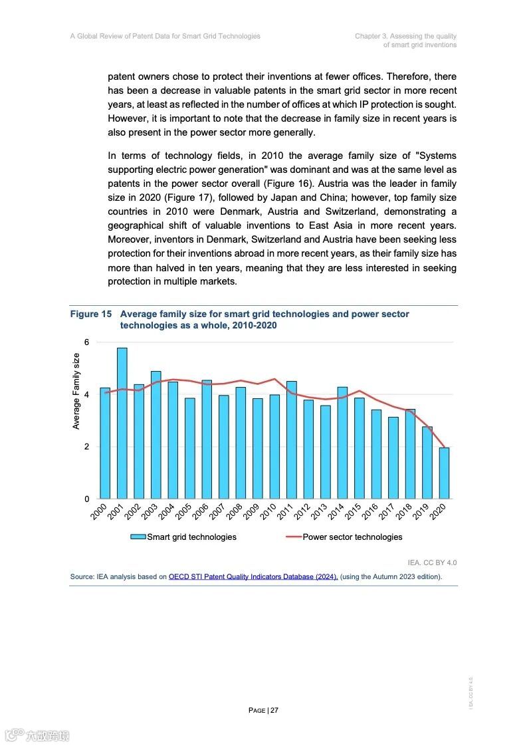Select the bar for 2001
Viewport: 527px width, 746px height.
pos(122,423)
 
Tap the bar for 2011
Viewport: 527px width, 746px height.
pos(291,439)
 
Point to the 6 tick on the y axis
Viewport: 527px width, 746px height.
pos(86,342)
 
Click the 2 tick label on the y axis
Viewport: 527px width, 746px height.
pos(86,447)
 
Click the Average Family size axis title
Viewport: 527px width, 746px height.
pos(76,392)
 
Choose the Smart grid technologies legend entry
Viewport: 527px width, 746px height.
pos(183,537)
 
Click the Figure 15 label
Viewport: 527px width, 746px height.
pos(91,314)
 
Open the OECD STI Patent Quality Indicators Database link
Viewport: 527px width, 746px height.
pos(253,576)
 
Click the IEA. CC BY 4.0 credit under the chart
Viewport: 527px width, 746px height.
pos(432,562)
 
